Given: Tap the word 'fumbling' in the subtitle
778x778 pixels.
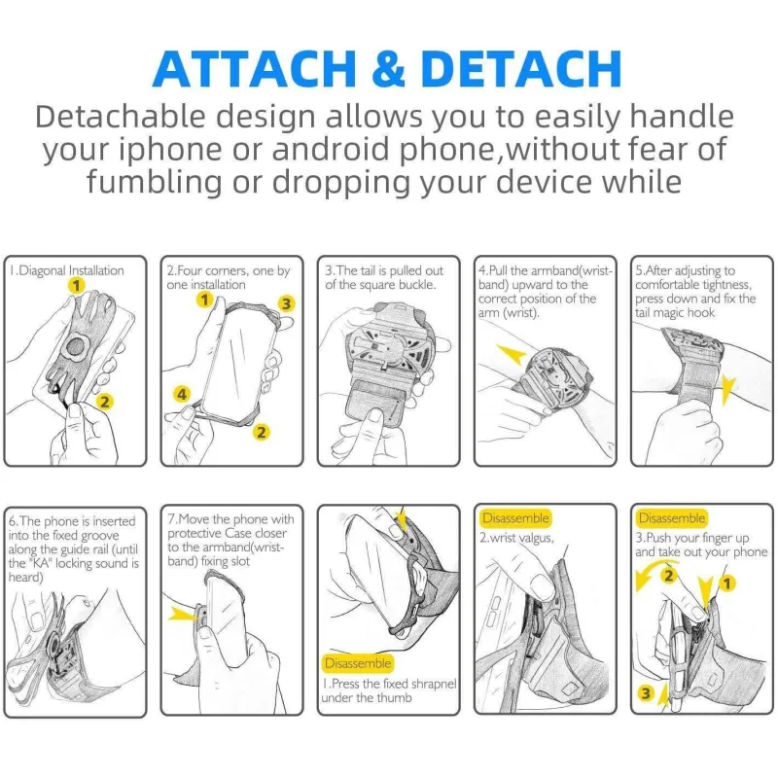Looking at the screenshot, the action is pos(155,182).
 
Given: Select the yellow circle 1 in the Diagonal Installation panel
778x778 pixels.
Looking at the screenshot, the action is pos(76,285).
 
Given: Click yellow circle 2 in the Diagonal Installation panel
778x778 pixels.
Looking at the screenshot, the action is pos(105,401).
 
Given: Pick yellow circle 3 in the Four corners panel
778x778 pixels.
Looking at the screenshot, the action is pos(286,303).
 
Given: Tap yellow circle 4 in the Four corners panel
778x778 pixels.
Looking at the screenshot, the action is pos(182,394).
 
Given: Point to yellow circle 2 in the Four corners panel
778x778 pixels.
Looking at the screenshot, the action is pos(262,432).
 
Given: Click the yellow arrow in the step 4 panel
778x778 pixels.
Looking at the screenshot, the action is pos(512,354).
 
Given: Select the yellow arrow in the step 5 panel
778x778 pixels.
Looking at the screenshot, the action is pos(727,391).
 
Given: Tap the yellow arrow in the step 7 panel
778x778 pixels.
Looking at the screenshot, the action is pos(183,615).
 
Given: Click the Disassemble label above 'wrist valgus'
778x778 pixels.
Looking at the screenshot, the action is pos(515,518).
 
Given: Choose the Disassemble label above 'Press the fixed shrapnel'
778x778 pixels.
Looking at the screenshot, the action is pos(358,663).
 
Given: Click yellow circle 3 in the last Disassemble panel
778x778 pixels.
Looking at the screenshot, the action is pos(646,692).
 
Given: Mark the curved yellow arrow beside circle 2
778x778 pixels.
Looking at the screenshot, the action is pos(650,571).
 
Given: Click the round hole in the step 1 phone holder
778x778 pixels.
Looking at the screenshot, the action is pos(76,347).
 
